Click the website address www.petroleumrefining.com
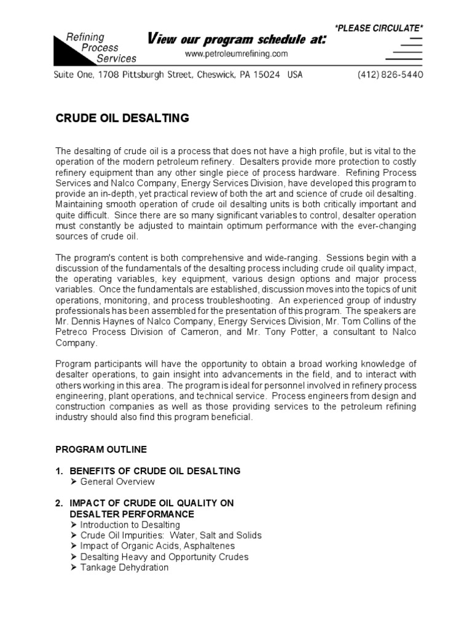click(x=237, y=54)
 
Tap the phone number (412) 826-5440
click(x=390, y=75)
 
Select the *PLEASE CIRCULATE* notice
click(x=379, y=28)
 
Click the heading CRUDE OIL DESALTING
click(x=123, y=119)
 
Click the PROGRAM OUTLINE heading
click(x=101, y=450)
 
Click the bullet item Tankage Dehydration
click(x=124, y=568)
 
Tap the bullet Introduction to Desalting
click(x=130, y=525)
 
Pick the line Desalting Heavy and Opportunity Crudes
click(x=164, y=557)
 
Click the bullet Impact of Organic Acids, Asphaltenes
click(x=157, y=546)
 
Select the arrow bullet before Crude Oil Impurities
click(x=74, y=536)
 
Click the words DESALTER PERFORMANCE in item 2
click(x=132, y=514)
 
